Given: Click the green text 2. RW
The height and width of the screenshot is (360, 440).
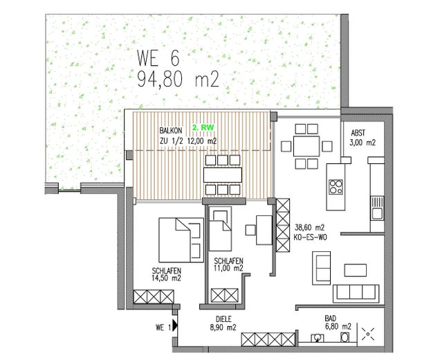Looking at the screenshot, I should point(203,128).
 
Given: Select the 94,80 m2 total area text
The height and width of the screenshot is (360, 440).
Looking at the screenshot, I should point(177,80).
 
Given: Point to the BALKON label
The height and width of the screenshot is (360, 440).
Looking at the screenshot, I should point(172,129).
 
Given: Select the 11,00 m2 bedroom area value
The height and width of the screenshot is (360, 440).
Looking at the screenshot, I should point(228,268).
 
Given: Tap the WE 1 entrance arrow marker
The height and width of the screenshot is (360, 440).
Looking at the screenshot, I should point(176,323).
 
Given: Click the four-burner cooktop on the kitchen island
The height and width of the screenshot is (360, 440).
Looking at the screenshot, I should point(336,187).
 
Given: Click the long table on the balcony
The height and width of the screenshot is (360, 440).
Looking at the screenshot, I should point(222,174).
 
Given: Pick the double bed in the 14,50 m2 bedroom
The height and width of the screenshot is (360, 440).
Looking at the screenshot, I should point(178,237).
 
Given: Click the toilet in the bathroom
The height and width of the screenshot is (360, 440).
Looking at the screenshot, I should point(344,339).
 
